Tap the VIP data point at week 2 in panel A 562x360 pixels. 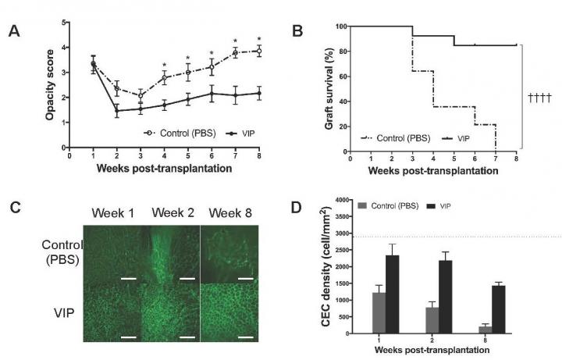point(117,111)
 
